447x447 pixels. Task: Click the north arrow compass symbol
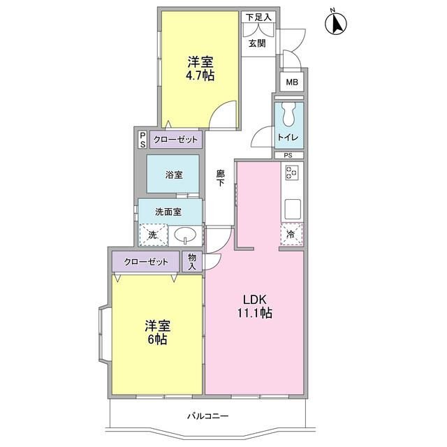336,23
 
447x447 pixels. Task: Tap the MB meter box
292,82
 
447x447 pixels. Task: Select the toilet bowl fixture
288,115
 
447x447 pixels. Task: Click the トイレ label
288,138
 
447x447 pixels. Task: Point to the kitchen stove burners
292,173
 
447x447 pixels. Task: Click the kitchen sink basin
292,210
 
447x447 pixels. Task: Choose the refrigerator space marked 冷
291,235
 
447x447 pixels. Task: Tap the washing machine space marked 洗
153,235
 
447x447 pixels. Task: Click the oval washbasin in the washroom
185,235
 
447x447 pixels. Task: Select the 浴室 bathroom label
174,175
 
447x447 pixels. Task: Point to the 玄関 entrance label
257,43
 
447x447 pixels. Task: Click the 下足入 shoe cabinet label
258,17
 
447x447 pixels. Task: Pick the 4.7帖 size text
200,75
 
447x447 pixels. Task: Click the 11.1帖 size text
255,313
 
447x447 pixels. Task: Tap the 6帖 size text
157,339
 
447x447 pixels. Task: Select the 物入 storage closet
192,262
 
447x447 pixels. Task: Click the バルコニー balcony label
208,416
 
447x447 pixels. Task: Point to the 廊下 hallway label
220,178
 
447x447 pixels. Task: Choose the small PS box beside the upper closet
142,140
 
